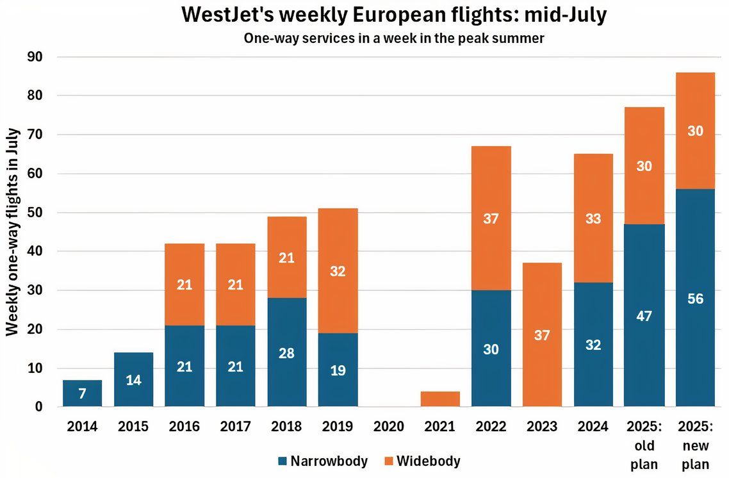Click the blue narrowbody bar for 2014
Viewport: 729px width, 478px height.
[x=82, y=393]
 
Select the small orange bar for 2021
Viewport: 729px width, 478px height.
[x=440, y=399]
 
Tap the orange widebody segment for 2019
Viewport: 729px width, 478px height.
[x=338, y=270]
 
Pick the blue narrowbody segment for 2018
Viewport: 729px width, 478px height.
[x=286, y=352]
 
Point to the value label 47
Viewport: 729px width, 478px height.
[x=644, y=316]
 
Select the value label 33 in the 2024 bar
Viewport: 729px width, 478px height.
[x=593, y=218]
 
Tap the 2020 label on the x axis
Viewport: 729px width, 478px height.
[x=389, y=426]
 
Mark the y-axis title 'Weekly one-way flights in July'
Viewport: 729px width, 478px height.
[x=13, y=232]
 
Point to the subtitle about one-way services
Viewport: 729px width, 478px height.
[x=394, y=38]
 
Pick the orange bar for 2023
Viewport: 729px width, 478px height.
[x=542, y=334]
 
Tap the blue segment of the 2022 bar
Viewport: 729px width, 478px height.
[x=491, y=349]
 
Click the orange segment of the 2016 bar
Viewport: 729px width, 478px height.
[x=184, y=284]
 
